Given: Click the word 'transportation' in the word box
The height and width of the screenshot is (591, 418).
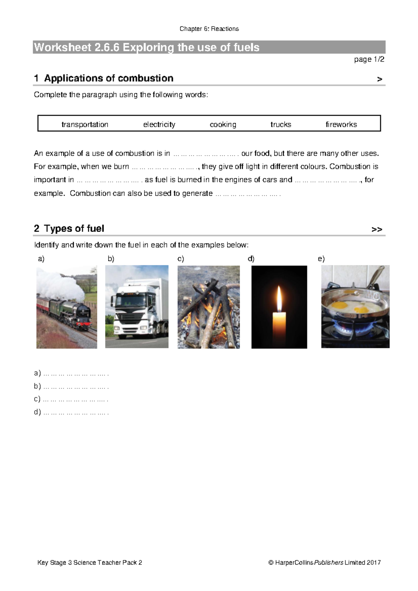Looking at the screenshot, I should point(85,124).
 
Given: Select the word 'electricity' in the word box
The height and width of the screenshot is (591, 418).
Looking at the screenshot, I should point(159,124).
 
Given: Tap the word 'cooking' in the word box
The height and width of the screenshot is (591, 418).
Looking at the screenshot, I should point(223,124).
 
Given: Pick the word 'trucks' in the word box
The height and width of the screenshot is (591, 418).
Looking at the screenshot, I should point(281,124).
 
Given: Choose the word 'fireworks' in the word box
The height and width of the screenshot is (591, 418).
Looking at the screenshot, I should point(341,124).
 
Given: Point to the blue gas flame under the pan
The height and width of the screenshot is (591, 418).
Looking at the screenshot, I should point(345,328).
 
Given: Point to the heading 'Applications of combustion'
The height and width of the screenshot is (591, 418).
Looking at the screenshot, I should point(108,78).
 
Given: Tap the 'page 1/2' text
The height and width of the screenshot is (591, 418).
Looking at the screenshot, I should point(369,60).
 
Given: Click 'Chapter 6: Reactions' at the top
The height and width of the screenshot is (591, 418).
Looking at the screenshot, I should point(209,29).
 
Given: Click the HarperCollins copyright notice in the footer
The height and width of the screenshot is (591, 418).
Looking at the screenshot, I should point(324,562).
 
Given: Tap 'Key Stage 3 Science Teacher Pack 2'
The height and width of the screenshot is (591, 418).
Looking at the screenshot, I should point(90,562).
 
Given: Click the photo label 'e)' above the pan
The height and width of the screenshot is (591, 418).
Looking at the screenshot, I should point(321,259).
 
